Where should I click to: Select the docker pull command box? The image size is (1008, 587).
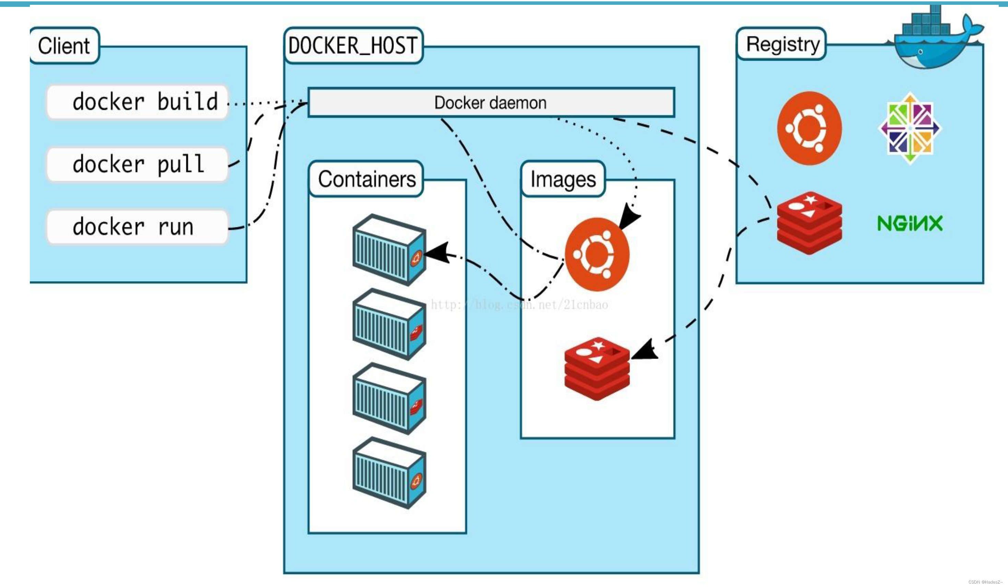[x=137, y=164]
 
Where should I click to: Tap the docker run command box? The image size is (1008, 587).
[x=137, y=227]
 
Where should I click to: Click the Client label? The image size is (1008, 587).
[x=64, y=46]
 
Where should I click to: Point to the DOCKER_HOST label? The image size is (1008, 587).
[x=353, y=46]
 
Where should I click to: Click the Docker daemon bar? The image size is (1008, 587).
[x=491, y=103]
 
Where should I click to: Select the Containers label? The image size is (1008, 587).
[x=366, y=179]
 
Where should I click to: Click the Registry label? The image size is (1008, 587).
[x=782, y=44]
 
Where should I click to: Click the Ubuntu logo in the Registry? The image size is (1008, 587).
[x=809, y=128]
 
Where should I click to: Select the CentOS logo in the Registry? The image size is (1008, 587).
[x=910, y=128]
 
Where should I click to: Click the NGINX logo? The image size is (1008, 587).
[x=910, y=223]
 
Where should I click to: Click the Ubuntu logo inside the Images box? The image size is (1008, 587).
[x=597, y=254]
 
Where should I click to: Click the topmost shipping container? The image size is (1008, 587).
[x=389, y=250]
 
